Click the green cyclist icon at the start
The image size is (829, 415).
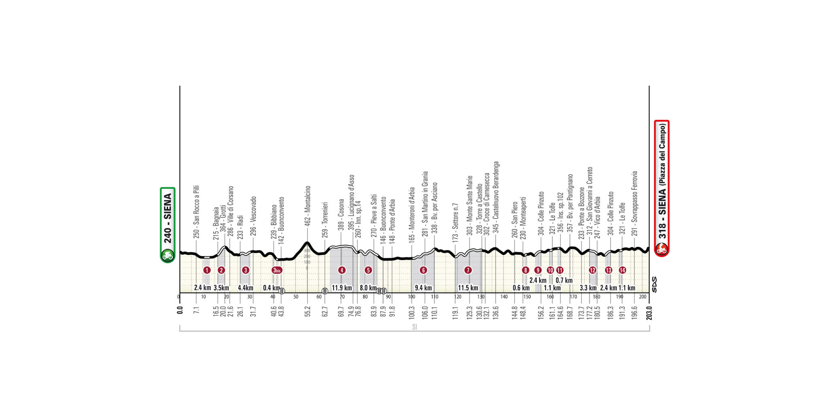(x=168, y=255)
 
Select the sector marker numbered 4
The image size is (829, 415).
(x=342, y=270)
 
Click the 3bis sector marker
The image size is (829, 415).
(x=277, y=270)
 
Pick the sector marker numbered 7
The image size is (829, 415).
(x=468, y=270)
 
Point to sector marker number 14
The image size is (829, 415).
(x=622, y=270)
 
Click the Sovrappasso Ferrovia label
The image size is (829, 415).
(x=634, y=203)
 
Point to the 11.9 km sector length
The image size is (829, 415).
(x=342, y=288)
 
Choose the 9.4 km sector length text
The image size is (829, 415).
(x=423, y=288)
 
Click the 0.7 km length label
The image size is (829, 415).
(x=564, y=280)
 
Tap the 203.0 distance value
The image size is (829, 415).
(x=649, y=312)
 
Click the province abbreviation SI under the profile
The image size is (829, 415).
(x=414, y=327)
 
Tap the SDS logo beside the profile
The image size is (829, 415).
(x=654, y=285)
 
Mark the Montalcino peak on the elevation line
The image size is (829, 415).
(x=307, y=243)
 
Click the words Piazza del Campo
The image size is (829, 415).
(x=662, y=154)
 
